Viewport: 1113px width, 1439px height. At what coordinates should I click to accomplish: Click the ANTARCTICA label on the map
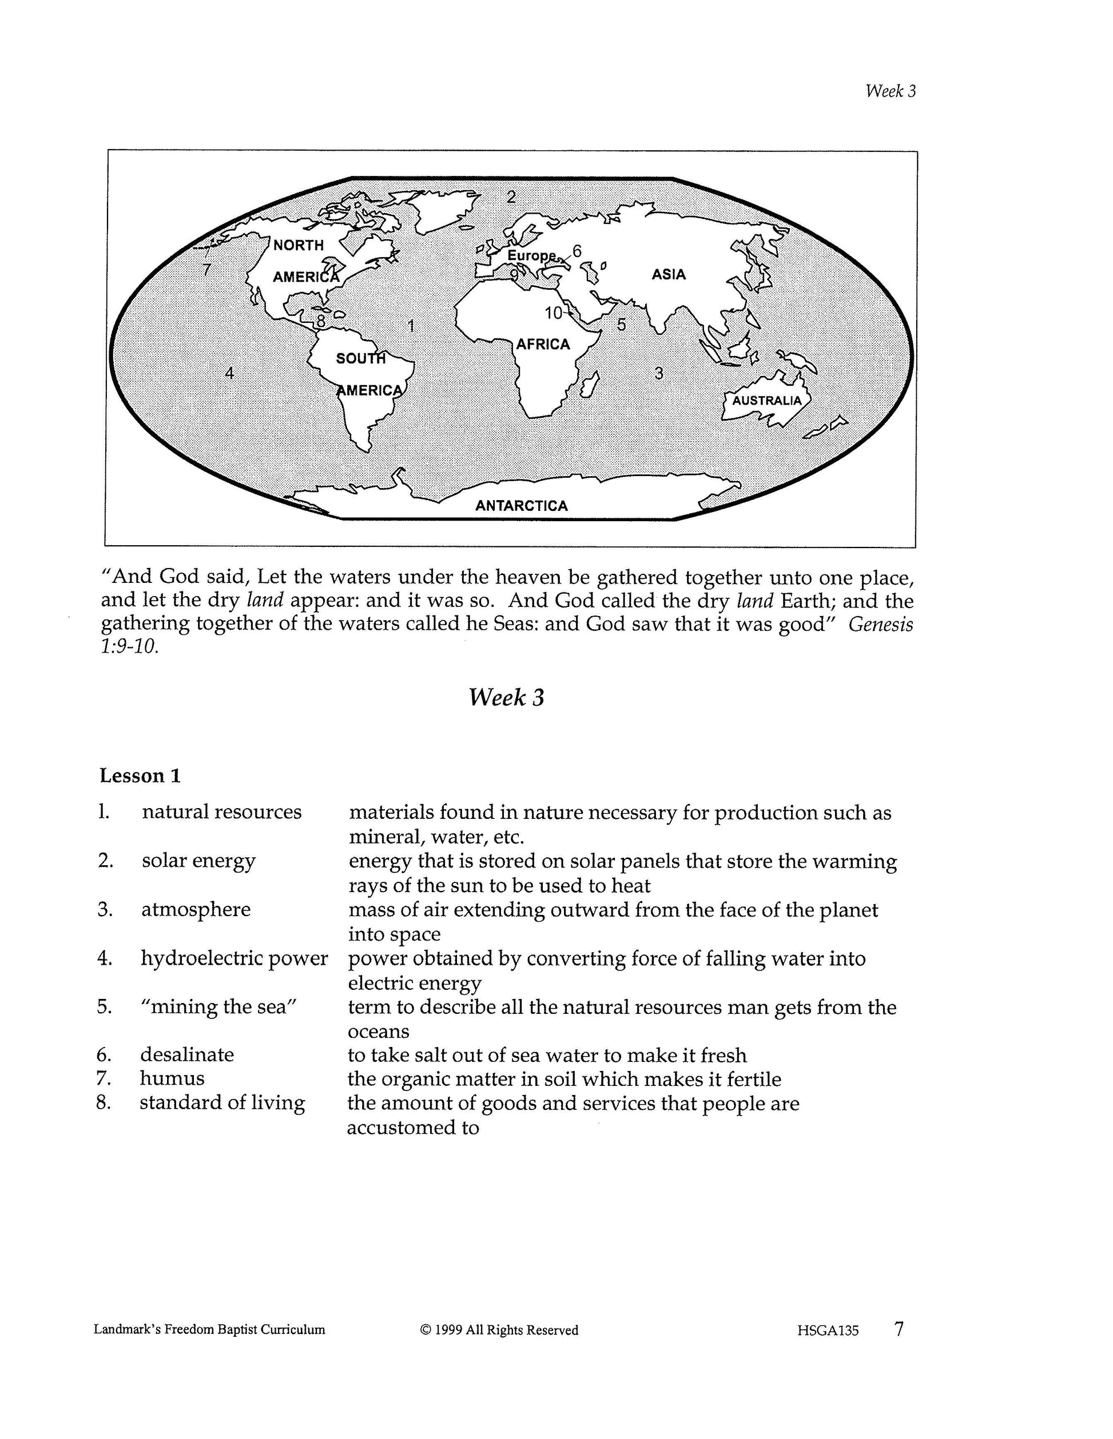coord(522,505)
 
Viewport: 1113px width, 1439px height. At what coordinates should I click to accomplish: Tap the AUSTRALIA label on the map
coord(767,401)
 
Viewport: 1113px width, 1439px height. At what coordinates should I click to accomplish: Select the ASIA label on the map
coord(669,275)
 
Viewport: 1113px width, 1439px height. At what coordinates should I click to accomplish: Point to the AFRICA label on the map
coord(543,344)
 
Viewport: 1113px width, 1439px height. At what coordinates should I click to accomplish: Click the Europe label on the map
coord(531,255)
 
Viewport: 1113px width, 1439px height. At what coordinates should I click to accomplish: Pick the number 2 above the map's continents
coord(511,197)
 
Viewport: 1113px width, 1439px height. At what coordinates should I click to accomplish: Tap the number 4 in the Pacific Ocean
coord(229,373)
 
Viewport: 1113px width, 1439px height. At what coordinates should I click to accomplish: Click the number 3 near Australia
coord(659,374)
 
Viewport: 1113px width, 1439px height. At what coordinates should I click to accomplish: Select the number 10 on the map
coord(553,313)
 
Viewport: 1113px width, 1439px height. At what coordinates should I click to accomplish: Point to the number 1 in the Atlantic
coord(411,326)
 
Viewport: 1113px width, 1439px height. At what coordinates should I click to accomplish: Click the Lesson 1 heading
coord(140,776)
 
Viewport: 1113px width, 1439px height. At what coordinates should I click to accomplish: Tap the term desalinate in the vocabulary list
coord(186,1054)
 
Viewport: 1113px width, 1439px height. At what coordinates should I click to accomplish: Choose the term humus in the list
coord(172,1078)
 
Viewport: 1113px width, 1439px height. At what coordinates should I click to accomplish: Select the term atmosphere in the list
coord(196,909)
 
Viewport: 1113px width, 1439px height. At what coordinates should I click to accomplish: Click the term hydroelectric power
coord(234,958)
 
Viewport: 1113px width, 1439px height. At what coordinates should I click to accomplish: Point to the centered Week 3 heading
coord(506,697)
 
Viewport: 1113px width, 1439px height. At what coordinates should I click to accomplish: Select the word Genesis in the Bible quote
coord(880,624)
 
